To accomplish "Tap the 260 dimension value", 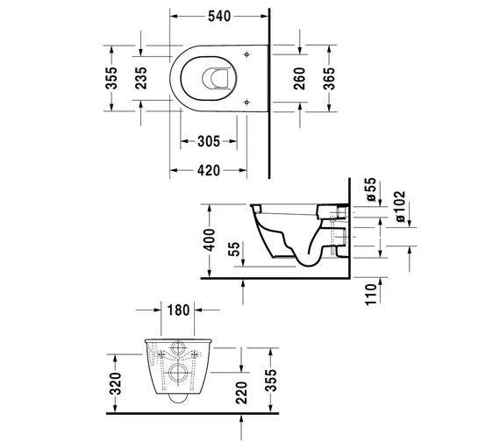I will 300,79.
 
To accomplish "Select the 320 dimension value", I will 111,380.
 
